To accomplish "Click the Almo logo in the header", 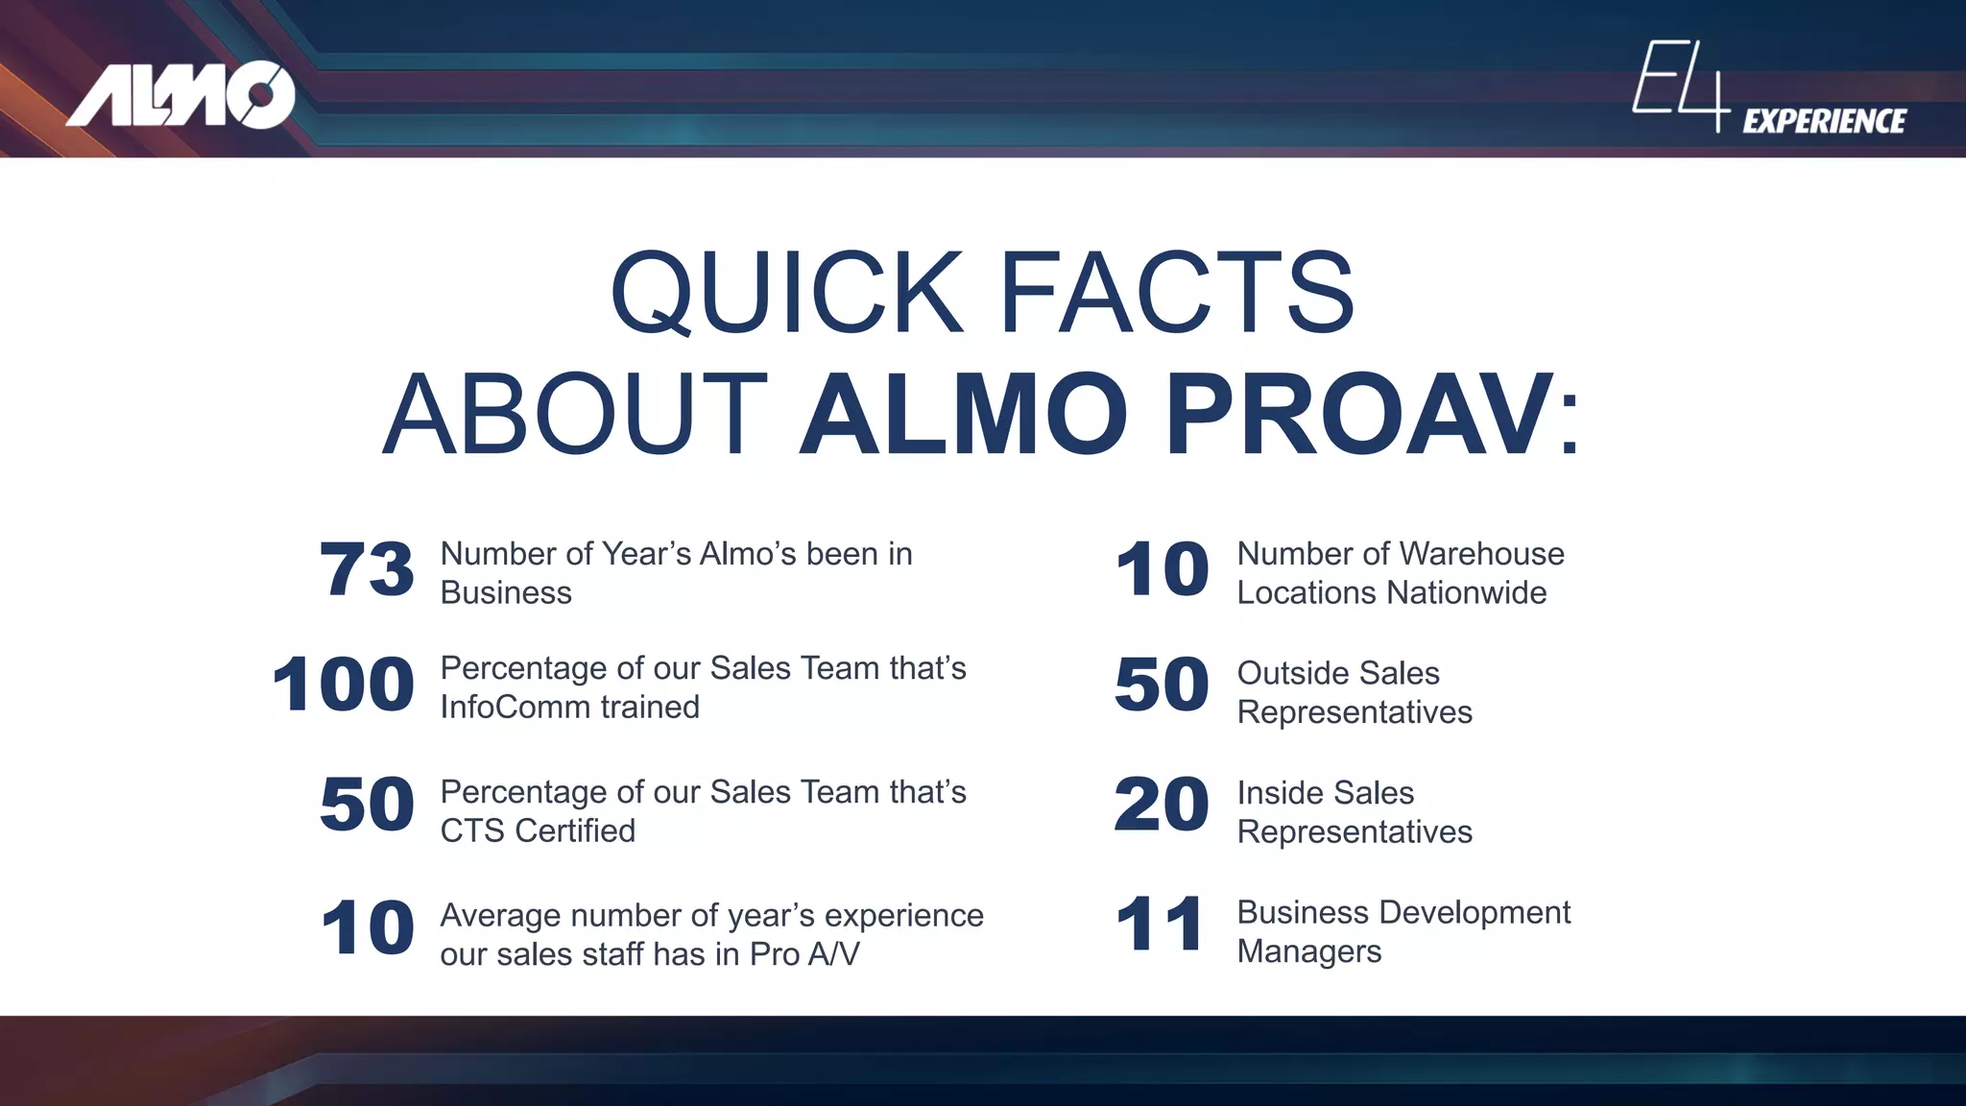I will pyautogui.click(x=180, y=94).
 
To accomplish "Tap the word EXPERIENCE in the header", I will pyautogui.click(x=1824, y=121).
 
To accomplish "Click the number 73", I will pyautogui.click(x=367, y=569).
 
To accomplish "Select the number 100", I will pyautogui.click(x=343, y=685).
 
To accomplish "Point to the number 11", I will pyautogui.click(x=1160, y=925).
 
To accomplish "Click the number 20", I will pyautogui.click(x=1162, y=805).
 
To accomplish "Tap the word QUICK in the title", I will pyautogui.click(x=786, y=292).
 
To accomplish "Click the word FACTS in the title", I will pyautogui.click(x=1177, y=292).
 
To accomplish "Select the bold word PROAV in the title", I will pyautogui.click(x=1359, y=415).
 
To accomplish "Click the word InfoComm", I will pyautogui.click(x=502, y=708).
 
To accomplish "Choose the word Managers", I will pyautogui.click(x=1309, y=951).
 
